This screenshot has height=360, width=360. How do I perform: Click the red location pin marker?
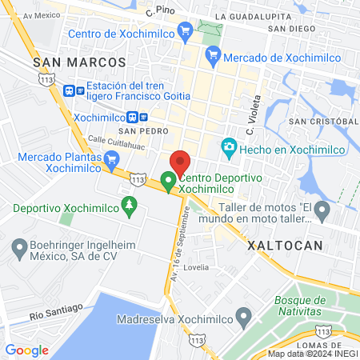point(180,161)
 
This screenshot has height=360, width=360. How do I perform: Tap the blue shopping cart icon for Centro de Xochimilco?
point(186,33)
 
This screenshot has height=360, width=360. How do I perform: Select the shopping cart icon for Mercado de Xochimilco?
point(212,57)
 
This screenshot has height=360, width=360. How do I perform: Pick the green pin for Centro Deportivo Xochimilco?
point(168,182)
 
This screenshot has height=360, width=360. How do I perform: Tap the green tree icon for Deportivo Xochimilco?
point(129,208)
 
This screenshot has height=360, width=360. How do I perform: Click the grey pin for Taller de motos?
point(322,211)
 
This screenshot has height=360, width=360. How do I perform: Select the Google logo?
point(26,350)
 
